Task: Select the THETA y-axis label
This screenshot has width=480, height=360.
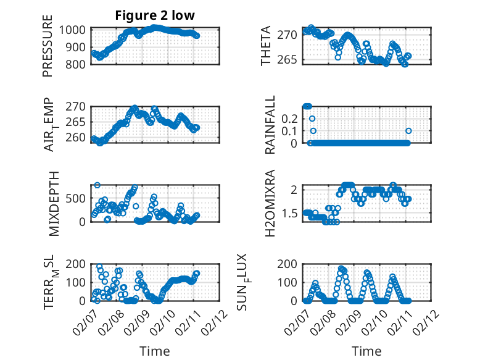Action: click(x=265, y=46)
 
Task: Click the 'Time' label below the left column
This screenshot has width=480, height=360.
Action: click(x=154, y=351)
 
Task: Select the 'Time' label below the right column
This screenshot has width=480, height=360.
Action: click(x=366, y=351)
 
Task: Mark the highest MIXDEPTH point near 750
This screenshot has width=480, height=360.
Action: click(x=97, y=185)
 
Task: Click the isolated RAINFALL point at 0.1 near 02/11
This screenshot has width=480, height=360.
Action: click(x=408, y=130)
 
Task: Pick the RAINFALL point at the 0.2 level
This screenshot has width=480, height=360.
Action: click(x=312, y=119)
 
